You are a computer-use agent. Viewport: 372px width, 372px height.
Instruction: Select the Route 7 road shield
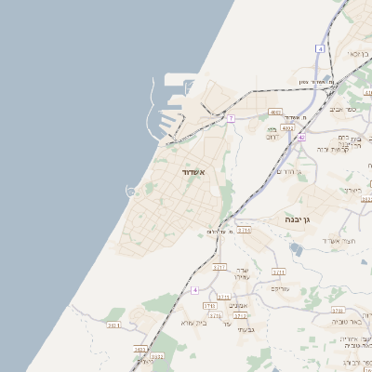pyautogui.click(x=231, y=119)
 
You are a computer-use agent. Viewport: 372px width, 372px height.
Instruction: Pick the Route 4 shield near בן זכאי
pyautogui.click(x=319, y=47)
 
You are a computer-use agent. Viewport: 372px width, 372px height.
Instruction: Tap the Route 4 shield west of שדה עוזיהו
pyautogui.click(x=195, y=290)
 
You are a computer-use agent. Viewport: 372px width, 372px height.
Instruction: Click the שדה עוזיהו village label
pyautogui.click(x=240, y=272)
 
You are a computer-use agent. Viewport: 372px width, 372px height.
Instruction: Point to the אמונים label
pyautogui.click(x=238, y=305)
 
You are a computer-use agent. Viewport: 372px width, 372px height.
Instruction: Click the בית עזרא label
pyautogui.click(x=193, y=323)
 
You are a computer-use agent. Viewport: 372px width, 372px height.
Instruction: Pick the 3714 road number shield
pyautogui.click(x=215, y=316)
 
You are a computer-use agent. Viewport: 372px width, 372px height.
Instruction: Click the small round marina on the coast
pyautogui.click(x=131, y=192)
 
